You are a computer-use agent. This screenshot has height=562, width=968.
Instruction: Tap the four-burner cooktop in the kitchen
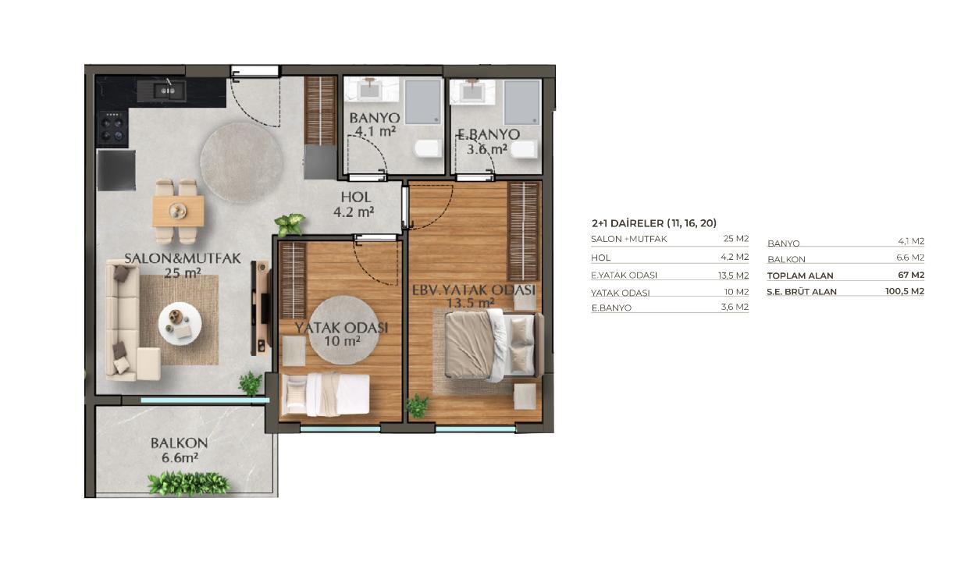[112, 128]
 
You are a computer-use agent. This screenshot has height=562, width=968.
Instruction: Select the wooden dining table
[178, 212]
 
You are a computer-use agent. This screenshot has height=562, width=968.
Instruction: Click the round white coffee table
[180, 323]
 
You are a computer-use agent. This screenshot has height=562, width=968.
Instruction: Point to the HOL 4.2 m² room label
[354, 205]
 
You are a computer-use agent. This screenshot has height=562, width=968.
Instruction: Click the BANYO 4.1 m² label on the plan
[375, 124]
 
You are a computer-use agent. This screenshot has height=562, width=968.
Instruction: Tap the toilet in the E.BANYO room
[523, 149]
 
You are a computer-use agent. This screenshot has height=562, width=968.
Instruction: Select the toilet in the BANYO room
[429, 148]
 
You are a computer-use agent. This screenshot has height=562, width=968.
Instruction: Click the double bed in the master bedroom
[493, 346]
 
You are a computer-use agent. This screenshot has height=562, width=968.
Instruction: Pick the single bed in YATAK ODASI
[326, 395]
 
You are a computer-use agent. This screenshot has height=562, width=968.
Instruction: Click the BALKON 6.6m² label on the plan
[180, 450]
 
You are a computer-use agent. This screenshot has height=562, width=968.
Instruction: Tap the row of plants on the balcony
[188, 483]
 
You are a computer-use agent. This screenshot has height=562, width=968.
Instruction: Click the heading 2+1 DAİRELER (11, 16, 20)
[654, 223]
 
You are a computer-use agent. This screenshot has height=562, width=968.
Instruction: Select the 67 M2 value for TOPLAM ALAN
[911, 275]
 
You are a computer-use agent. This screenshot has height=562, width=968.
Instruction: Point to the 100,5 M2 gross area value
[905, 291]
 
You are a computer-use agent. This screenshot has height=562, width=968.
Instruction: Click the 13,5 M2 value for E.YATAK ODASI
[733, 276]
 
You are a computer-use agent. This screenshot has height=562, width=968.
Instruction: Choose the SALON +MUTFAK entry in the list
[628, 239]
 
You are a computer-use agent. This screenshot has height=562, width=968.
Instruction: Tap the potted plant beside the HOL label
[290, 224]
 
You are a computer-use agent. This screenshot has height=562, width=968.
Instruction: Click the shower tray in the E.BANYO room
[522, 103]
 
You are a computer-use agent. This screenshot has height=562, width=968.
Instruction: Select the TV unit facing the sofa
[261, 308]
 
